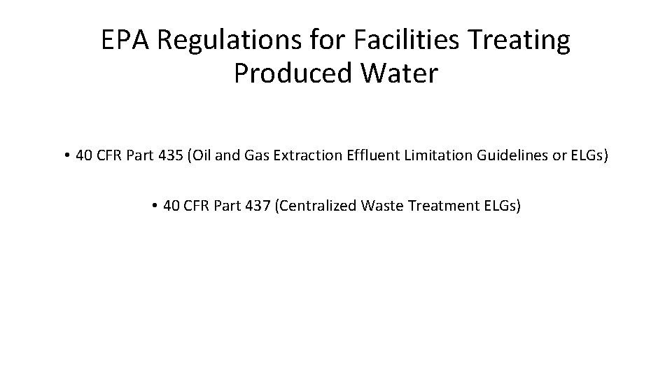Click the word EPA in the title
click(126, 41)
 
